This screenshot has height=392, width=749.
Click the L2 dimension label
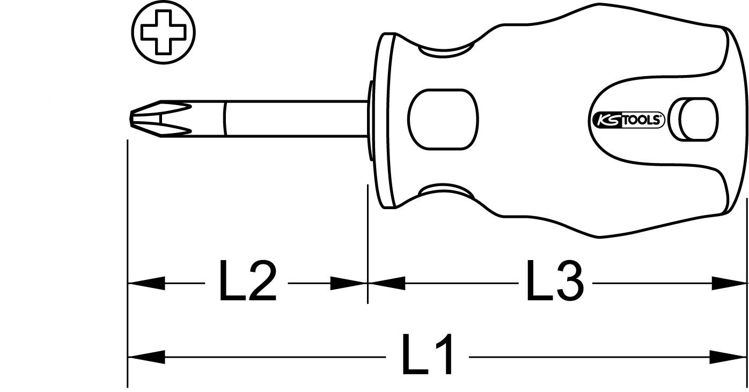[247, 282]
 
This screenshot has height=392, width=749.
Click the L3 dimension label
[554, 282]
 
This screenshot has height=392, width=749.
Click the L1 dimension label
[428, 356]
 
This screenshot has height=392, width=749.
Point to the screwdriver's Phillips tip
[156, 117]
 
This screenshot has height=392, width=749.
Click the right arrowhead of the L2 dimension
[349, 283]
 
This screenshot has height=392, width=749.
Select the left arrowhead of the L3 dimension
[386, 283]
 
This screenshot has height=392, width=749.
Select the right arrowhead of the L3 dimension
[730, 283]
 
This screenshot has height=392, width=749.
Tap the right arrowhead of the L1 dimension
[730, 356]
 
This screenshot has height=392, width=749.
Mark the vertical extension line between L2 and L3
[368, 241]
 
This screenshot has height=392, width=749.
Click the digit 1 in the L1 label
[443, 356]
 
